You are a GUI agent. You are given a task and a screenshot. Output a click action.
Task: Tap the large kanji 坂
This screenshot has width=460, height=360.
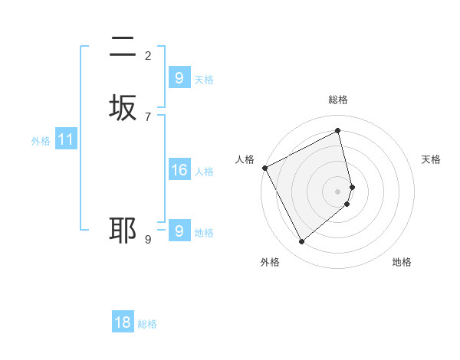point(123,108)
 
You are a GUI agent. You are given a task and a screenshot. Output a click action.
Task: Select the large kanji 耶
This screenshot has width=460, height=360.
point(123,230)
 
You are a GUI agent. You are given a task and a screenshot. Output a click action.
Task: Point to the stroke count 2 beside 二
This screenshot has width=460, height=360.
point(148,55)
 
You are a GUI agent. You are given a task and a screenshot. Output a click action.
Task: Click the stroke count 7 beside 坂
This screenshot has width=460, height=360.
point(148,116)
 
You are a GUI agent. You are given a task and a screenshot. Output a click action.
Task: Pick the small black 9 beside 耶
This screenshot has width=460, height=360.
point(148,239)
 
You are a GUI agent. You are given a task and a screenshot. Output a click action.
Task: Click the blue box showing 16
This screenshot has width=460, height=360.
point(179,170)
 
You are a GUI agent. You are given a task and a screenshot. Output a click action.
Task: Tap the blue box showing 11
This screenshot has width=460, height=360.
point(66,139)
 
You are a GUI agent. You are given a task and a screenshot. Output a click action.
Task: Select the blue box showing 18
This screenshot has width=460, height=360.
point(123,322)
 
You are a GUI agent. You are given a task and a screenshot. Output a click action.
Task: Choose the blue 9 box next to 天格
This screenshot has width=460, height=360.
point(179,78)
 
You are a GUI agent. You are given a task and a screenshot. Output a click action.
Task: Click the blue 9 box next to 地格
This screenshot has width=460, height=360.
point(179,231)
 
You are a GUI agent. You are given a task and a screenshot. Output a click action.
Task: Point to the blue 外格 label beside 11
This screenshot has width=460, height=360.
point(41,141)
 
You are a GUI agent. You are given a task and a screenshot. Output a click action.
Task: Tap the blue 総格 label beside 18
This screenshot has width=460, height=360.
point(147,324)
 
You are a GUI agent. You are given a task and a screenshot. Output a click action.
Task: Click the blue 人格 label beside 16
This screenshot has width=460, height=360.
point(204,172)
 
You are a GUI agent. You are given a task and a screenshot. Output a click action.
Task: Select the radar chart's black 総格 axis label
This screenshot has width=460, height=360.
point(338,100)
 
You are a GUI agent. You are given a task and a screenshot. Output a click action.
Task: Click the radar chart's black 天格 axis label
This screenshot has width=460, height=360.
point(431,159)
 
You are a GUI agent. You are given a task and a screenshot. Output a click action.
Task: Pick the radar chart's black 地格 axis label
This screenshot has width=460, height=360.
point(402,262)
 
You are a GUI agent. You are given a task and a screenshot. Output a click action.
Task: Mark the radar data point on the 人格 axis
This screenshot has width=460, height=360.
point(264,168)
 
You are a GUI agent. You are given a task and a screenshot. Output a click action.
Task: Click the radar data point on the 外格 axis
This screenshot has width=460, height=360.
point(301,242)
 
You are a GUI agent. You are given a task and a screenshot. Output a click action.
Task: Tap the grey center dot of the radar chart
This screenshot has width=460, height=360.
point(338,191)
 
